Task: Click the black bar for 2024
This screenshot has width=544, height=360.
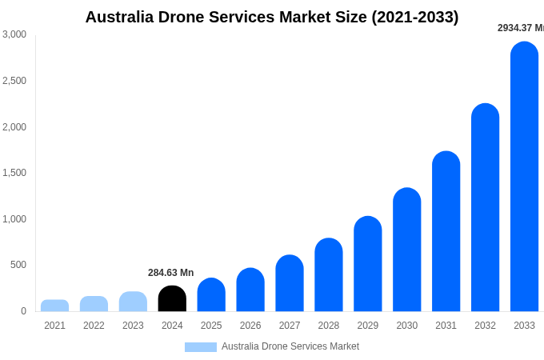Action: point(172,298)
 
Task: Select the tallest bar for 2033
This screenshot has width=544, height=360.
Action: point(524,177)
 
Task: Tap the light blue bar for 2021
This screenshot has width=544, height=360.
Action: point(54,306)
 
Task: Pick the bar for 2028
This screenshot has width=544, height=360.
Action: point(328,275)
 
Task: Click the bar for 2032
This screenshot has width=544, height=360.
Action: point(485,208)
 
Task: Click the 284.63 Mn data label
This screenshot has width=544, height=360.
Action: point(170,273)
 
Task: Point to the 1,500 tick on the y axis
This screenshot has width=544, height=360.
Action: point(14,173)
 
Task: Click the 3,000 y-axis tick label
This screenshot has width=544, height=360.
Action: point(14,34)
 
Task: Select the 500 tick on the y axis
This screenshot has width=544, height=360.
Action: point(18,265)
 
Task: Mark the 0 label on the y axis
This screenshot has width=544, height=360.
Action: point(23,311)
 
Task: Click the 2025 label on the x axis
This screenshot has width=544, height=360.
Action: point(211,326)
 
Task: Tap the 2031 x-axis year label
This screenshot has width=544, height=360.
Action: point(446,326)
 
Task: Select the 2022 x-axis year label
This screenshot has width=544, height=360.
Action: point(94,326)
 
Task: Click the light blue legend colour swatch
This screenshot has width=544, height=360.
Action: point(200,347)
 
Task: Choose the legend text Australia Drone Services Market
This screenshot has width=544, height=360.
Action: point(290,346)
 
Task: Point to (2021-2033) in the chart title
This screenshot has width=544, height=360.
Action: point(414,17)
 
